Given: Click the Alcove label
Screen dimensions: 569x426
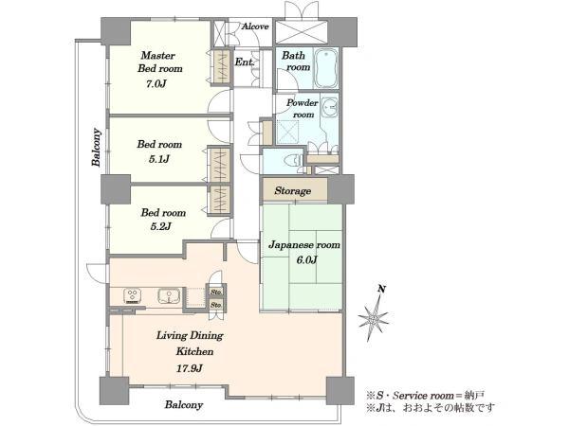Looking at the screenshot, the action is tap(255, 27).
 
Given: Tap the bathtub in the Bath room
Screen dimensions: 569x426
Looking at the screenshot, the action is tap(325, 68).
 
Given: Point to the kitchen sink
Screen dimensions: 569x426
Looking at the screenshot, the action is tap(169, 296).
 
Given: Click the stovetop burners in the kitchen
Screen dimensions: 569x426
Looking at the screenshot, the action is tap(132, 295).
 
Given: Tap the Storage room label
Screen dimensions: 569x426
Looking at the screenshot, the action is tap(292, 190).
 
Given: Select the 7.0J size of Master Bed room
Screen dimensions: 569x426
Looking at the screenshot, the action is tap(156, 84).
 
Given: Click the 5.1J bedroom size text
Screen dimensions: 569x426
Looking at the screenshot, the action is tap(159, 159).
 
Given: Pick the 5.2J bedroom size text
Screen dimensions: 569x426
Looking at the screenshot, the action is tap(160, 227).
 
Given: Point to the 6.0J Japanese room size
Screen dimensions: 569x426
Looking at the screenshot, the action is tap(306, 260).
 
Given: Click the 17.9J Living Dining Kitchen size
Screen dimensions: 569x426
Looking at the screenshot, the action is tap(190, 369).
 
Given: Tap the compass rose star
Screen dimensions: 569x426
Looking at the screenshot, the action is tap(373, 319).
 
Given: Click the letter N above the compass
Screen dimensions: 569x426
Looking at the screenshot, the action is tap(381, 289).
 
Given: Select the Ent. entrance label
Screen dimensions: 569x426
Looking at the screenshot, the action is tap(245, 62).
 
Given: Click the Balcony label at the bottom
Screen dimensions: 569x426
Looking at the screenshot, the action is tap(184, 404).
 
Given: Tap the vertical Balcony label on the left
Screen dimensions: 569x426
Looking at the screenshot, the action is tap(96, 147).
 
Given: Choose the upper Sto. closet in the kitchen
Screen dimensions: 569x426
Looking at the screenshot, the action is tap(216, 292).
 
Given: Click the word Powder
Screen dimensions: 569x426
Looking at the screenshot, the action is tap(303, 103).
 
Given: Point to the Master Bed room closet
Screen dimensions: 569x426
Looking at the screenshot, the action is tap(221, 68).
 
